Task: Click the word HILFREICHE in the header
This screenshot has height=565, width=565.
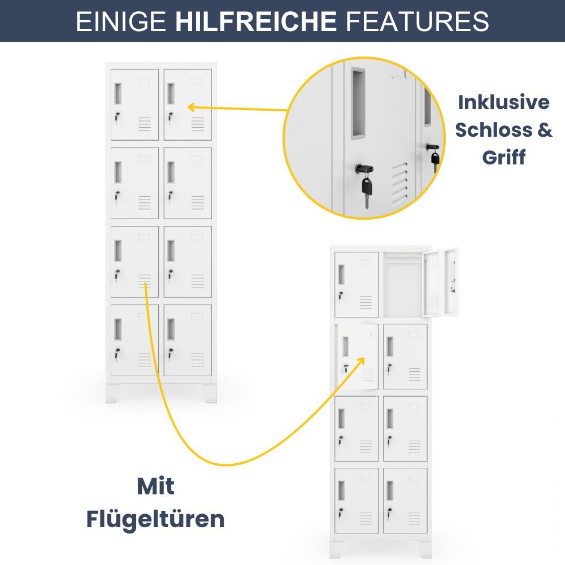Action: click(255, 21)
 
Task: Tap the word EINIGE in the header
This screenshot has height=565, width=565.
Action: click(121, 21)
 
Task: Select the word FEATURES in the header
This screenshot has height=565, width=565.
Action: click(417, 21)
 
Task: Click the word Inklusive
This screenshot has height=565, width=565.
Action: click(504, 102)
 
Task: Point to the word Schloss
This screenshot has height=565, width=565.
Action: click(494, 130)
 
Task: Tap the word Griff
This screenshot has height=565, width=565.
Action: click(504, 158)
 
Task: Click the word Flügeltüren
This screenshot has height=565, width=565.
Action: click(155, 519)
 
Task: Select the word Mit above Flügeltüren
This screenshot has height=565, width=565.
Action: click(156, 486)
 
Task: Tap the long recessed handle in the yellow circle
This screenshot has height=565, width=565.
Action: click(359, 103)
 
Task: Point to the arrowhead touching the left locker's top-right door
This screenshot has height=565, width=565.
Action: click(192, 107)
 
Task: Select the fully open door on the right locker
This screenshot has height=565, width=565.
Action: click(440, 282)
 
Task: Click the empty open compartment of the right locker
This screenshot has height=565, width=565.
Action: click(402, 285)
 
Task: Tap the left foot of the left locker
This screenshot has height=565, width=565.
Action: click(113, 393)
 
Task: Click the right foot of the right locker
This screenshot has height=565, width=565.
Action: click(425, 550)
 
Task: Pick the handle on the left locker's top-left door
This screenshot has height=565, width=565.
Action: click(118, 94)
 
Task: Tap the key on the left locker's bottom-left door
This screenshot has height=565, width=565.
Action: click(117, 355)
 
